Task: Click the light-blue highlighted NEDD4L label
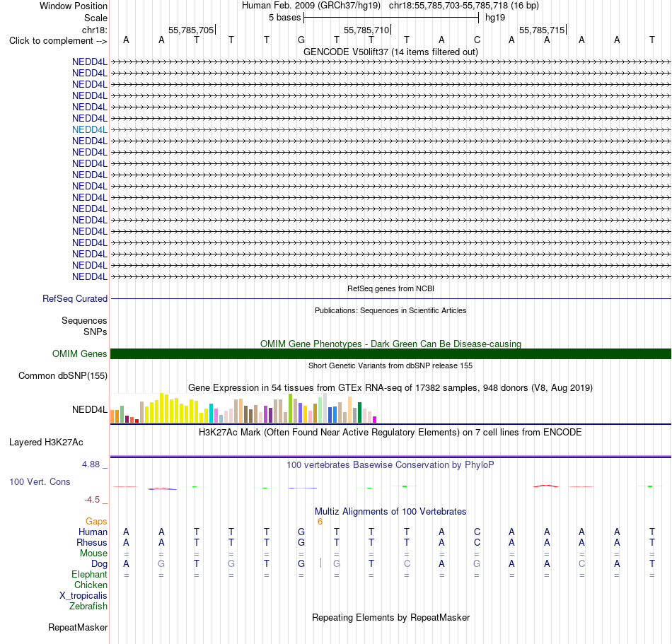(x=90, y=130)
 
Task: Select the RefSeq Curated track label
(x=75, y=298)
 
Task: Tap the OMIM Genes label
(x=80, y=353)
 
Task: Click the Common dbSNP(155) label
(x=63, y=375)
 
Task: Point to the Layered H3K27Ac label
(x=46, y=442)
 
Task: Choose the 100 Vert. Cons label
(x=40, y=481)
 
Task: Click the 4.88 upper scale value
(x=91, y=464)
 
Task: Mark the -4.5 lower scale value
(x=92, y=500)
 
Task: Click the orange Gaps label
(x=96, y=521)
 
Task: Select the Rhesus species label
(x=92, y=542)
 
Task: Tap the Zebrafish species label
(x=88, y=606)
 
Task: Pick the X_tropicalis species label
(x=83, y=596)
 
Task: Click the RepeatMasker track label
(x=78, y=627)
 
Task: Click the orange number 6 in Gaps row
(x=320, y=522)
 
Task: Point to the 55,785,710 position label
(x=366, y=30)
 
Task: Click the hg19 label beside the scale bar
(x=495, y=18)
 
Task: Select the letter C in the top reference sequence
(x=477, y=40)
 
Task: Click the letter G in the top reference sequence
(x=301, y=40)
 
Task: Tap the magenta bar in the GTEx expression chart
(x=375, y=420)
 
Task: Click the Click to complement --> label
(x=58, y=41)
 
